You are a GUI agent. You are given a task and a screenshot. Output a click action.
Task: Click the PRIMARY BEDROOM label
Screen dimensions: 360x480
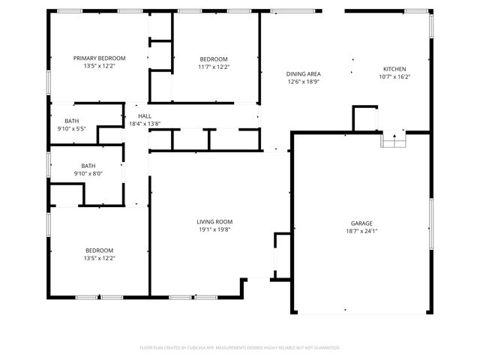(99, 58)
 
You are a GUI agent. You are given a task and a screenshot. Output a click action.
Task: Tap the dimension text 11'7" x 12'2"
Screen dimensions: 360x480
(214, 67)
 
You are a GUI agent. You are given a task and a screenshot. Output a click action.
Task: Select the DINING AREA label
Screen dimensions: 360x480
(304, 73)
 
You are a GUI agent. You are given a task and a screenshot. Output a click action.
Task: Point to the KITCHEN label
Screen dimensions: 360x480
(394, 68)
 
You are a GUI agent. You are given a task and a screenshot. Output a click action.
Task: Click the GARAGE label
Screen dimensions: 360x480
(361, 223)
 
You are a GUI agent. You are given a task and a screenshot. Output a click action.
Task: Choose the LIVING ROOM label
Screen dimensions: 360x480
(214, 221)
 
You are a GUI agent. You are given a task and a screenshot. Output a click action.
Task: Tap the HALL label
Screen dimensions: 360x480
(145, 116)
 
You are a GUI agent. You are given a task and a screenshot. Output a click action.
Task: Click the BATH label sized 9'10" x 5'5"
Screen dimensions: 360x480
(71, 121)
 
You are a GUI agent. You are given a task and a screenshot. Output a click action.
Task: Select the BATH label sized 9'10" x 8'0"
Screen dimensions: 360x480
(88, 166)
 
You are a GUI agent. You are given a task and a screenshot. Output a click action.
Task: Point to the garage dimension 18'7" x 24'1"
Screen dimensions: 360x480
(361, 231)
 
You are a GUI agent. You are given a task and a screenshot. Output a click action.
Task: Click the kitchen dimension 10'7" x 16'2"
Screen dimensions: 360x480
(394, 76)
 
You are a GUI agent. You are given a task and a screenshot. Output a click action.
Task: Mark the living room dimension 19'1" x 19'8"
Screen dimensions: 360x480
(214, 229)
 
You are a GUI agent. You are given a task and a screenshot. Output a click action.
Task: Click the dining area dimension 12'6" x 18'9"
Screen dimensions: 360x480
(304, 82)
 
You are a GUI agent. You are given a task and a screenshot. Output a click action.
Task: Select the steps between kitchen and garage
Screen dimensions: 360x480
(394, 140)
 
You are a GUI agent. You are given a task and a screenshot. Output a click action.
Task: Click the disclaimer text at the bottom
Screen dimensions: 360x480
(240, 347)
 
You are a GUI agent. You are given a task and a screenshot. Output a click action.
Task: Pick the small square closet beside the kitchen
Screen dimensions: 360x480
(365, 118)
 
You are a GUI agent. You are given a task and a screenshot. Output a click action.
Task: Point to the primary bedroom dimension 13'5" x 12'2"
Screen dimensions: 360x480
(99, 66)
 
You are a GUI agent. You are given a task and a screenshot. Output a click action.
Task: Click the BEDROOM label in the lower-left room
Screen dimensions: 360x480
(99, 250)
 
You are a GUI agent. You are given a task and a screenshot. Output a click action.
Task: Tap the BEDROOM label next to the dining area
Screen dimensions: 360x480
(214, 58)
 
